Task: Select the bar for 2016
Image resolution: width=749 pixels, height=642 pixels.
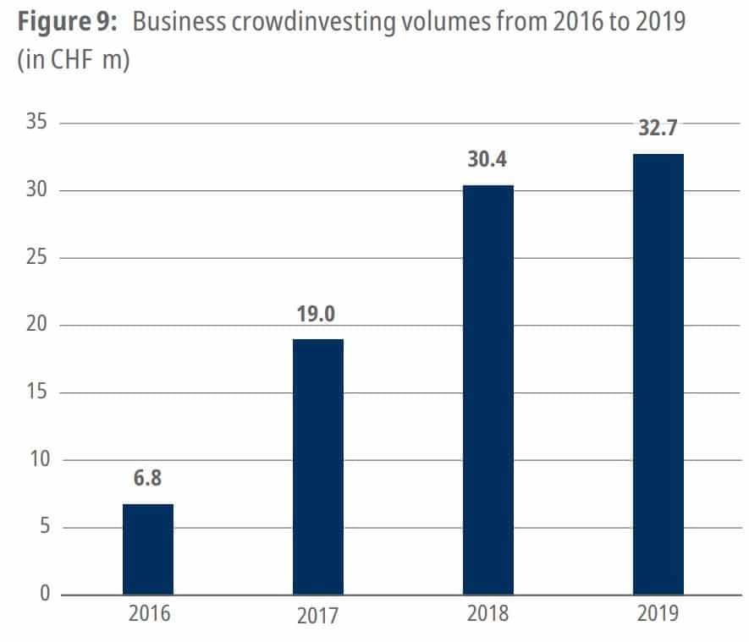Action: coord(148,549)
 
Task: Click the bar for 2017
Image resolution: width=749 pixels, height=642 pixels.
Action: coord(318,467)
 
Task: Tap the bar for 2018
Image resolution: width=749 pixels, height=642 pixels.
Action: coord(488,390)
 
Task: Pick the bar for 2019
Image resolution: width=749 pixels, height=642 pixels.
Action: coord(658,374)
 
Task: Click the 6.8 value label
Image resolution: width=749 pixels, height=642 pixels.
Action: coord(148,479)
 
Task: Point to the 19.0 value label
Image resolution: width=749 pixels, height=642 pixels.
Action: coord(318,315)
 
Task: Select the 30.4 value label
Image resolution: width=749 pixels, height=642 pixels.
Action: coord(488,160)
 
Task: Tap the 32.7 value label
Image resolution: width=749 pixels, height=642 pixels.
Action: coord(658,129)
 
